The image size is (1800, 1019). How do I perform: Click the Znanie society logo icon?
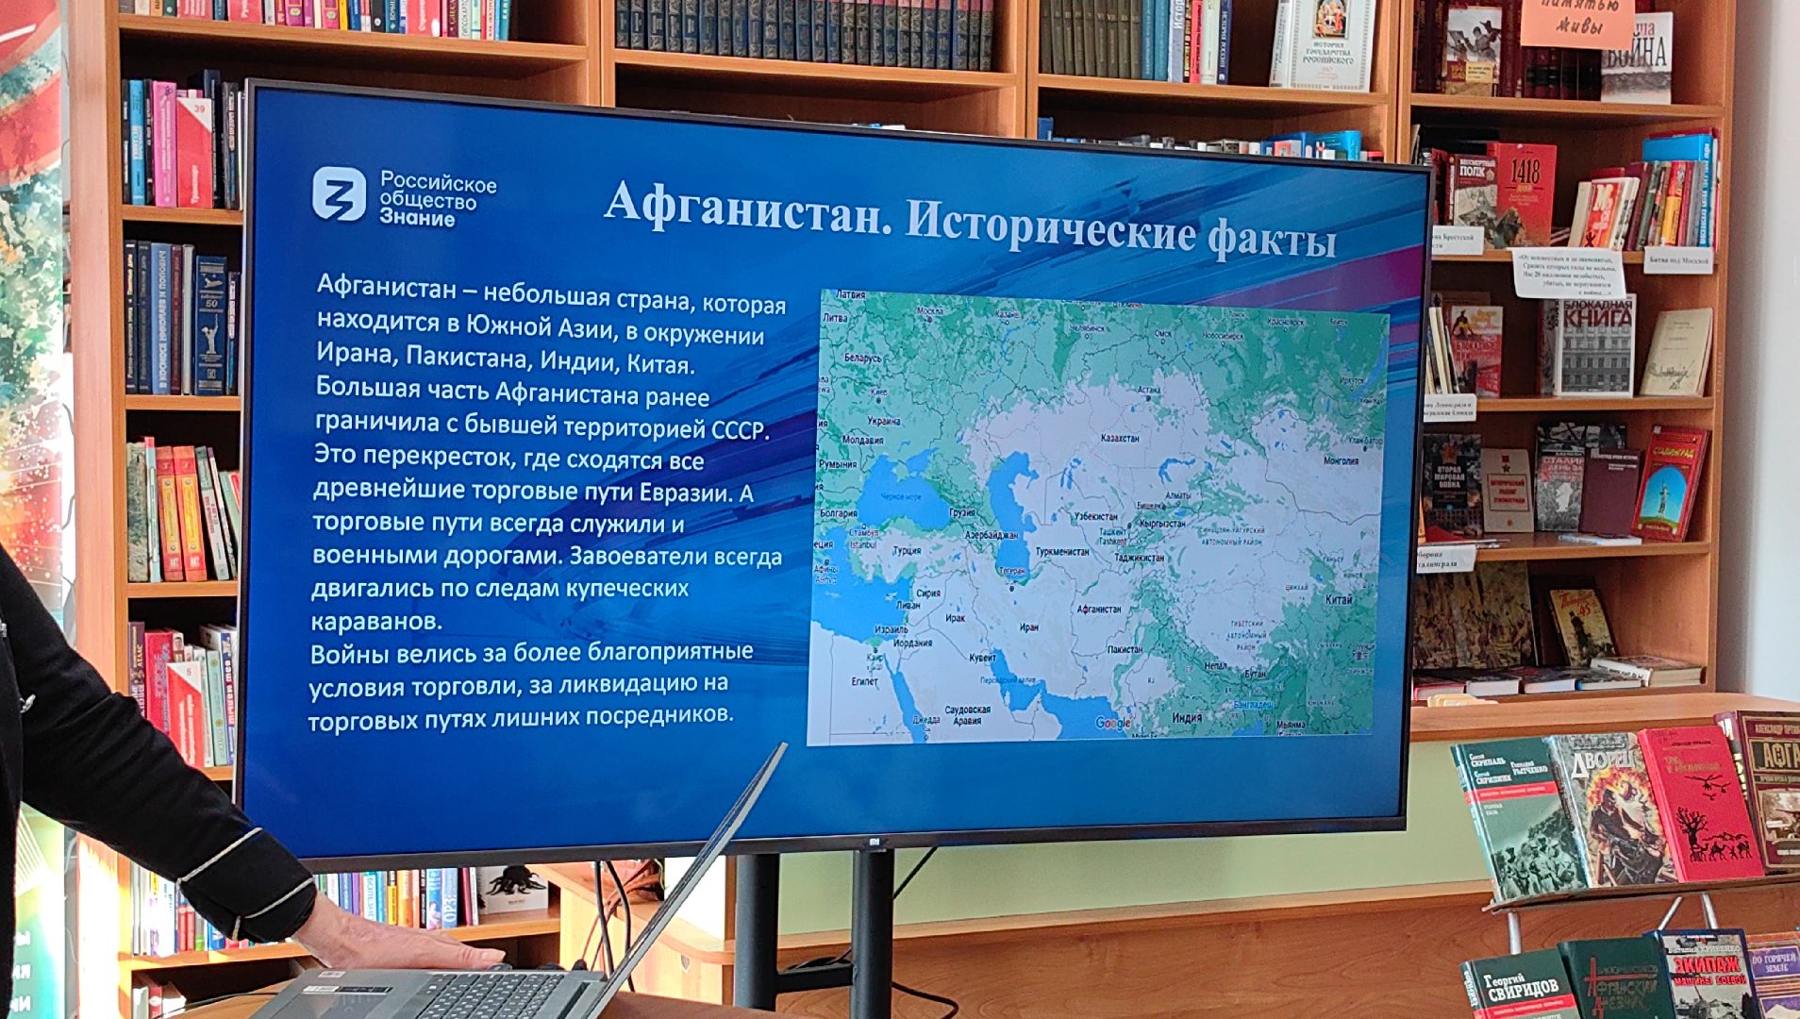pyautogui.click(x=339, y=193)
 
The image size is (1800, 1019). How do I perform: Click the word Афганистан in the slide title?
pyautogui.click(x=746, y=203)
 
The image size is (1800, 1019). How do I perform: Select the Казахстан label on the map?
pyautogui.click(x=1120, y=439)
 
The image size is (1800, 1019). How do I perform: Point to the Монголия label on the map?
pyautogui.click(x=1341, y=460)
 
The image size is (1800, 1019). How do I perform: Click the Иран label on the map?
pyautogui.click(x=1028, y=626)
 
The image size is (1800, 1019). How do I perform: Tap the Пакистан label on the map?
pyautogui.click(x=1125, y=649)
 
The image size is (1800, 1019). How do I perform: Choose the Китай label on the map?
pyautogui.click(x=1338, y=599)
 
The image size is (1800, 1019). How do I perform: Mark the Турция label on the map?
pyautogui.click(x=906, y=550)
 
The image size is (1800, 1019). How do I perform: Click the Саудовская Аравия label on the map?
pyautogui.click(x=967, y=714)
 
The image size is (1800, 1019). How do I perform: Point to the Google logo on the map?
pyautogui.click(x=1112, y=724)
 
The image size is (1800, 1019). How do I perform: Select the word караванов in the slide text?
pyautogui.click(x=376, y=622)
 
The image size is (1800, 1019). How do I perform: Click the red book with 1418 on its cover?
pyautogui.click(x=1523, y=193)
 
